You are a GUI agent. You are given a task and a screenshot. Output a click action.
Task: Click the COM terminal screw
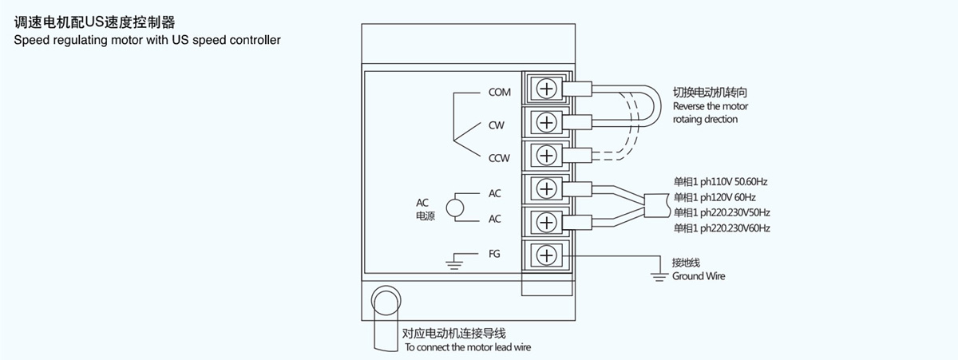point(546,89)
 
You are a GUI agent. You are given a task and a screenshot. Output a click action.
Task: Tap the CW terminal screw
point(546,122)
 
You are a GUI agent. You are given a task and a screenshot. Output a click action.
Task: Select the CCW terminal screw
point(546,154)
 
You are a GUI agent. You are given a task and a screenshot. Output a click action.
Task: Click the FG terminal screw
point(546,255)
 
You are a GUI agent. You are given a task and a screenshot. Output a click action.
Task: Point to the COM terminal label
point(499,93)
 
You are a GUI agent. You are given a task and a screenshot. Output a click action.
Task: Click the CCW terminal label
point(499,159)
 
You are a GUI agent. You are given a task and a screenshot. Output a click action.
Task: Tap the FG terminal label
point(494,254)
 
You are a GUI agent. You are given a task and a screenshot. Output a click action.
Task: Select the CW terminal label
point(497,125)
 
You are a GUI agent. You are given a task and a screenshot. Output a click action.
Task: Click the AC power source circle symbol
point(455,208)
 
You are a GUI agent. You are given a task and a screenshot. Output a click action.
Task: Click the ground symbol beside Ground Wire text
point(659,276)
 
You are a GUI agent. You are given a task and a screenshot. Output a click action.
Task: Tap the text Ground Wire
point(699,276)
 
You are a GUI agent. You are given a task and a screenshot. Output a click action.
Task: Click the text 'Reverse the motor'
point(711,106)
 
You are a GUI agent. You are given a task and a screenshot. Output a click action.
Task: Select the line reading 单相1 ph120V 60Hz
point(715,197)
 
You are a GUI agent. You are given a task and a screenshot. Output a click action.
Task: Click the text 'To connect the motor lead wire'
point(467,347)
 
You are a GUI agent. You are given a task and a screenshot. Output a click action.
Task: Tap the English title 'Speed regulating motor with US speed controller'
point(148,39)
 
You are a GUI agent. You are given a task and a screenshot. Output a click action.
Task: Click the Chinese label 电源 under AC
point(426,216)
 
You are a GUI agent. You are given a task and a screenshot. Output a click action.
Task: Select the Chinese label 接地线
point(686,262)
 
